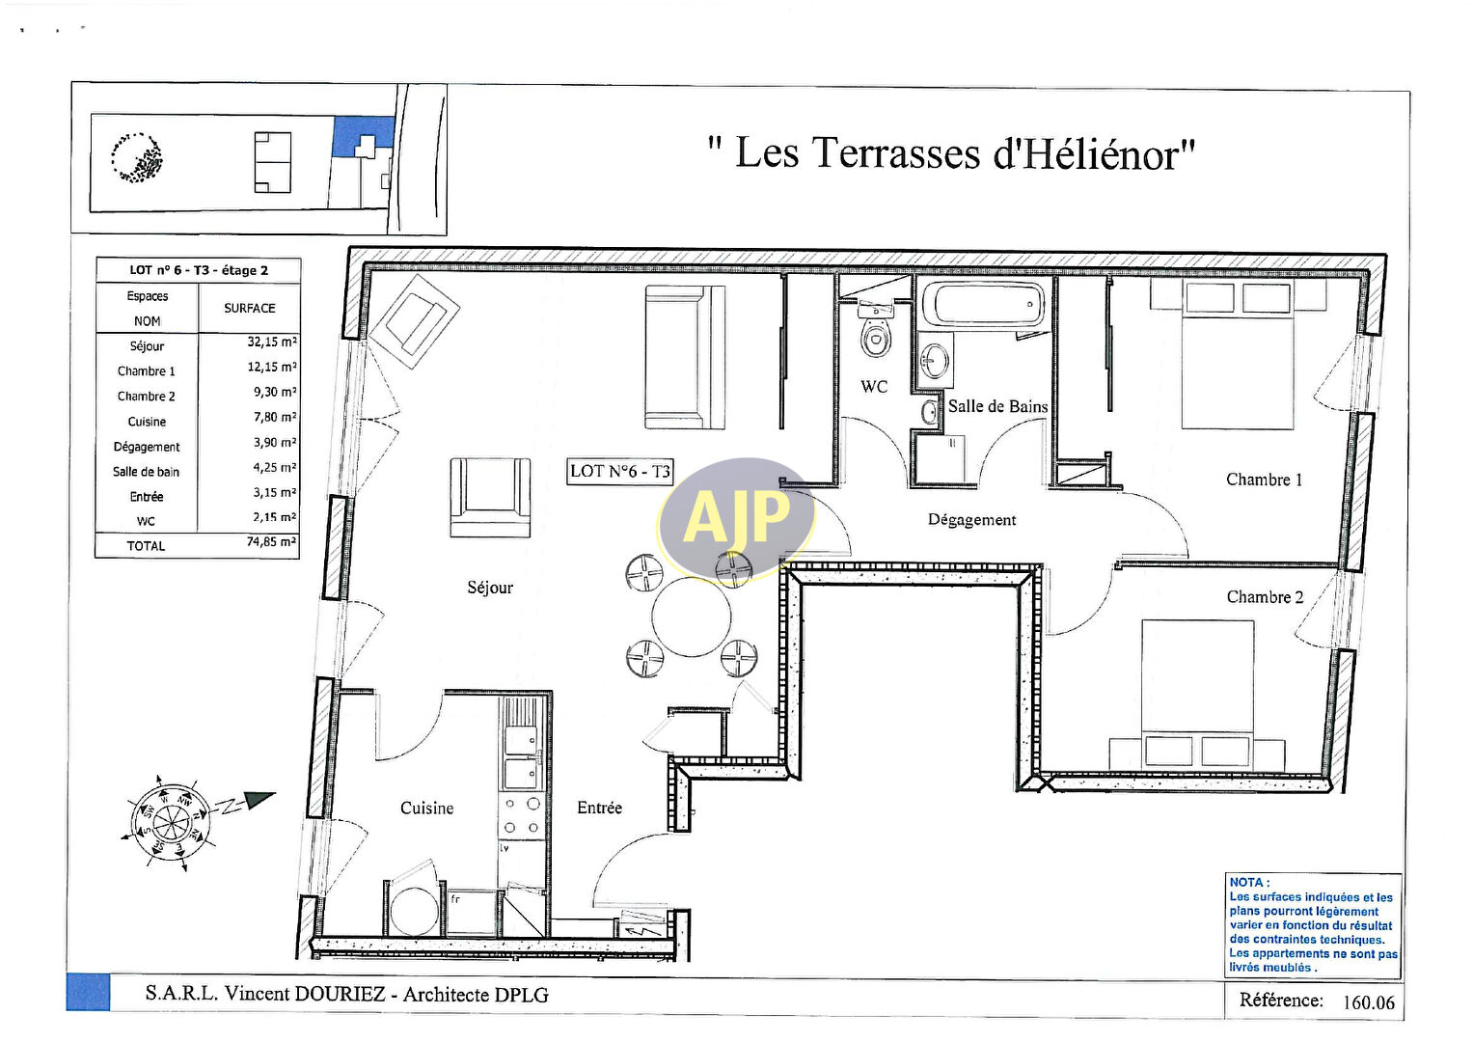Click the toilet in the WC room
(x=876, y=331)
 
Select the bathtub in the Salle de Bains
(x=984, y=305)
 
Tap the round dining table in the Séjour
(x=691, y=617)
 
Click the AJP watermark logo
(x=736, y=519)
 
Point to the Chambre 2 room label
(x=1265, y=597)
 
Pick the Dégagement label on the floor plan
(x=971, y=520)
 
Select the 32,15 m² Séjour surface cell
(x=272, y=343)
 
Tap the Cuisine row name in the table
(x=147, y=422)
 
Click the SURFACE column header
(x=249, y=309)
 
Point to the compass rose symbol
(x=170, y=822)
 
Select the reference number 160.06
(x=1369, y=1002)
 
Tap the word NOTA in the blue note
(x=1246, y=883)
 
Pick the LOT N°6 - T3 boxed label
(x=619, y=472)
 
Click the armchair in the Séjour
(x=490, y=497)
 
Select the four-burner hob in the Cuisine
(x=522, y=815)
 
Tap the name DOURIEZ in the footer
(x=340, y=994)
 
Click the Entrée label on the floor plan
(x=599, y=808)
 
